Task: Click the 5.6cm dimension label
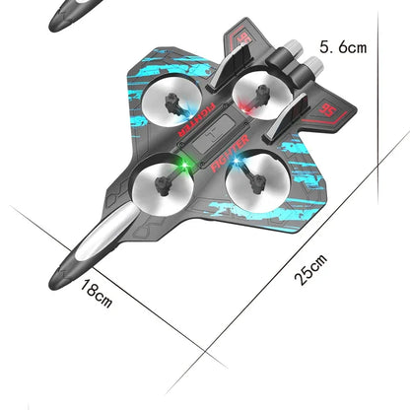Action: (x=342, y=46)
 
